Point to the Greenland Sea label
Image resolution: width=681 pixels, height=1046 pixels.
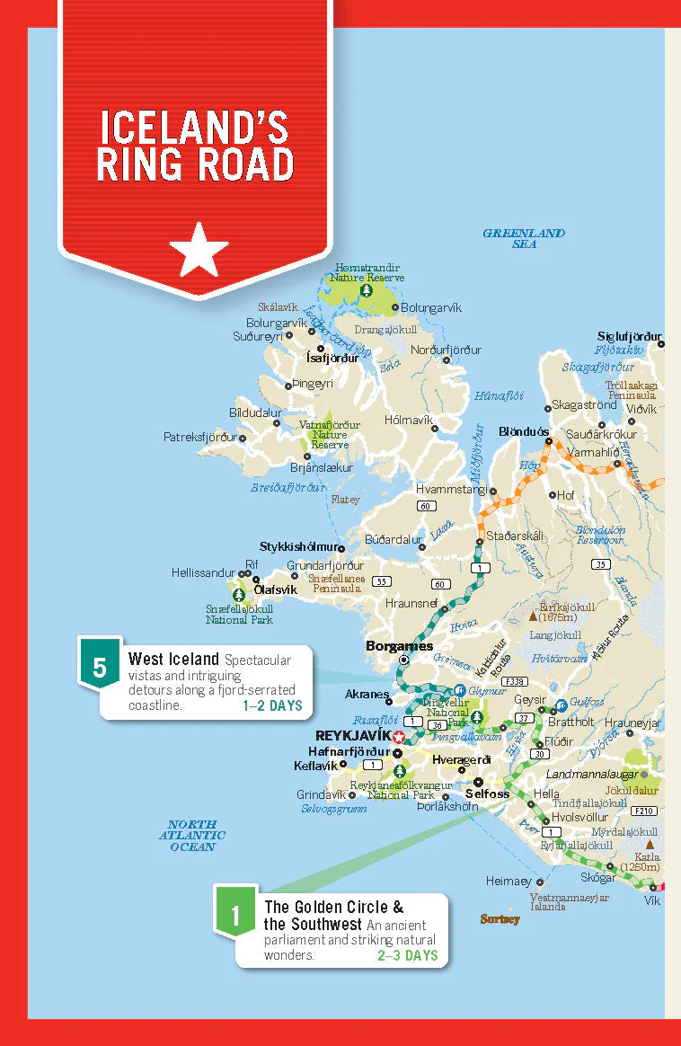click(524, 238)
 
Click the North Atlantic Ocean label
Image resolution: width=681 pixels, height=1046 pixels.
click(193, 835)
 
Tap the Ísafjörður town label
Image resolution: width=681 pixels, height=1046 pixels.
click(332, 358)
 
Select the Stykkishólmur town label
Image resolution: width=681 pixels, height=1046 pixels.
click(301, 546)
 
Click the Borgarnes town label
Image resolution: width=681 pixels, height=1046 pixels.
click(399, 645)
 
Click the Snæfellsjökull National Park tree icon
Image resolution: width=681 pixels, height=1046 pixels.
click(238, 594)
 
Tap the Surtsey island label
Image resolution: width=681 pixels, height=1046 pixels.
click(500, 918)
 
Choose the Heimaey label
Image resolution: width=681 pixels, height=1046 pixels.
click(509, 882)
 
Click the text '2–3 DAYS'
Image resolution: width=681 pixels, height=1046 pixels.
click(407, 954)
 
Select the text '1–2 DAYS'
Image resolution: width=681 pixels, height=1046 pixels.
click(272, 706)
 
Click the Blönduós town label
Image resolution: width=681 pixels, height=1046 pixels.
click(524, 431)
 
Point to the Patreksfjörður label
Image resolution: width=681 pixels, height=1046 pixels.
click(199, 438)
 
